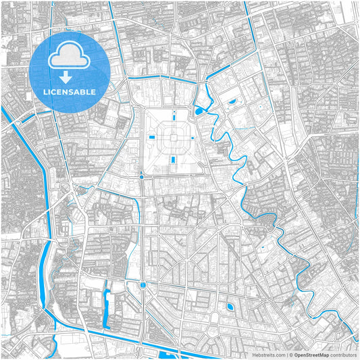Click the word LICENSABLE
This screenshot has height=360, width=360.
pyautogui.click(x=70, y=92)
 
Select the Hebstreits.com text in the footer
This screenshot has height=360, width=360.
pyautogui.click(x=269, y=354)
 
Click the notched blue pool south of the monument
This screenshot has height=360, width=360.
pyautogui.click(x=174, y=159)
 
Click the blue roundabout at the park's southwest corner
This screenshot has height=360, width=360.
pyautogui.click(x=141, y=177)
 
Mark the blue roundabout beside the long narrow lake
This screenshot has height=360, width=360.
pyautogui.click(x=143, y=286)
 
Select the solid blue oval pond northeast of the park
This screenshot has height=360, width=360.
pyautogui.click(x=199, y=111)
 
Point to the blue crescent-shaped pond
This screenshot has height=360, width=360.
pyautogui.click(x=232, y=101)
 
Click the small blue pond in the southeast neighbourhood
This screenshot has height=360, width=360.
pyautogui.click(x=230, y=307)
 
